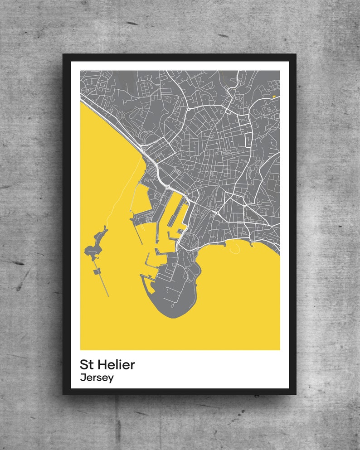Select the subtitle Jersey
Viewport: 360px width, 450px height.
click(97, 377)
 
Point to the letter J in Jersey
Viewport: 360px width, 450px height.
click(83, 377)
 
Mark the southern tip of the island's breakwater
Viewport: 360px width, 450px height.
click(108, 296)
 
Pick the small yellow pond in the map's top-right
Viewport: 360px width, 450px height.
click(273, 96)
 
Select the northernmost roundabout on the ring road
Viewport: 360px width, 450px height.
click(188, 109)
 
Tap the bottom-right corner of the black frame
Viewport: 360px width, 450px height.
click(296, 394)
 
